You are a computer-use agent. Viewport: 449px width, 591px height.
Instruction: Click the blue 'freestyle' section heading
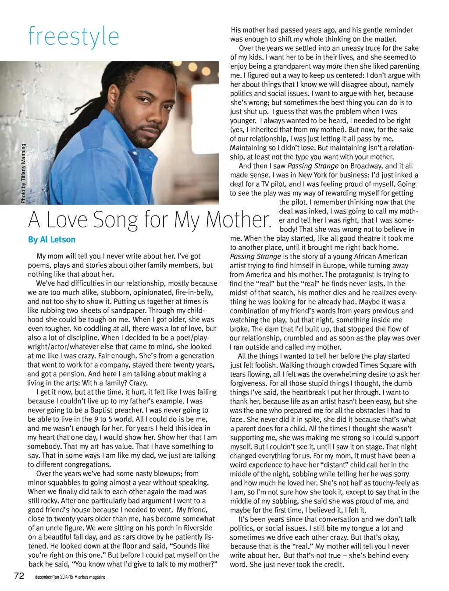point(74,36)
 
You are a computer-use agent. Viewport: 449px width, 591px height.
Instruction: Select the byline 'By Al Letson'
point(52,240)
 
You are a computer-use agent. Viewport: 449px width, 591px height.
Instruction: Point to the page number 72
point(19,576)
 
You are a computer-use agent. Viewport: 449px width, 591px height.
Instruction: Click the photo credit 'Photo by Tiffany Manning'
point(23,173)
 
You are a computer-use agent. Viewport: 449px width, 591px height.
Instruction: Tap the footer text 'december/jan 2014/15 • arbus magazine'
point(70,577)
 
